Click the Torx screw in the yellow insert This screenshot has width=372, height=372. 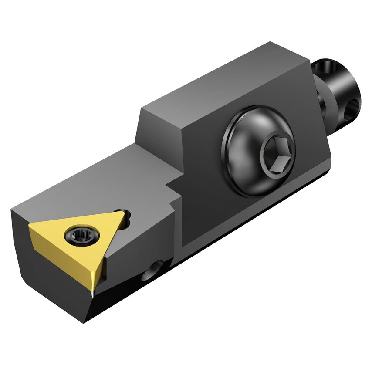click(79, 236)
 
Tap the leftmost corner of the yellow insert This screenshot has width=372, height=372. click(30, 227)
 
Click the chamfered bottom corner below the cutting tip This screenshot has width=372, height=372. click(89, 311)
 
